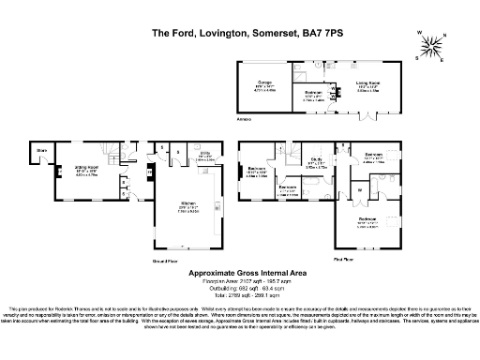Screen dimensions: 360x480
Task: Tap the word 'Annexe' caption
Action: click(243, 119)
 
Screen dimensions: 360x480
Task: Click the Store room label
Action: click(42, 150)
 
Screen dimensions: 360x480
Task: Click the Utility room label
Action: click(203, 157)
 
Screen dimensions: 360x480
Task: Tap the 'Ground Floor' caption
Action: click(151, 260)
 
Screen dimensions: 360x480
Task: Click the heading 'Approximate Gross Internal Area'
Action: click(240, 273)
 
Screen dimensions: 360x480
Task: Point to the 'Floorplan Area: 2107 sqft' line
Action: click(240, 281)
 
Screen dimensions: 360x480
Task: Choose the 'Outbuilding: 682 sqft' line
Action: click(240, 288)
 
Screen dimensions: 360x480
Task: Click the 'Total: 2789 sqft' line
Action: click(240, 294)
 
